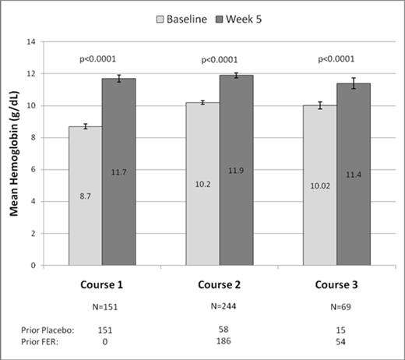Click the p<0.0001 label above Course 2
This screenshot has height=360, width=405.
pyautogui.click(x=220, y=58)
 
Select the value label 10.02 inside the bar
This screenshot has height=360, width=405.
pyautogui.click(x=320, y=186)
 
